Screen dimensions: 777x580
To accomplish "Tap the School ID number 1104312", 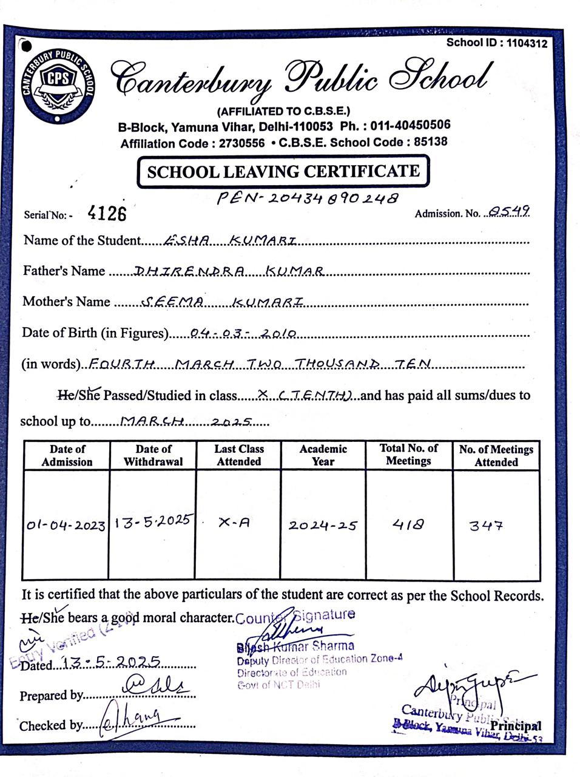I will (x=526, y=43).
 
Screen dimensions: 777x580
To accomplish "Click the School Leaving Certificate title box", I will (x=283, y=171).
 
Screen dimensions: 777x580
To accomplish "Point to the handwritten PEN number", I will (x=308, y=198).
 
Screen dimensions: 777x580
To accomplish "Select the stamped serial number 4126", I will (x=107, y=212).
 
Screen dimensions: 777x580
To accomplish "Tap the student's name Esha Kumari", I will (x=231, y=240).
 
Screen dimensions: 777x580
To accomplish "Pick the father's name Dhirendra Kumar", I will (x=228, y=271).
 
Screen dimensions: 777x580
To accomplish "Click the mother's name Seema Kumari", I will (x=221, y=302).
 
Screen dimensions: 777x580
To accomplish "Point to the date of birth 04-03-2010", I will (x=242, y=333).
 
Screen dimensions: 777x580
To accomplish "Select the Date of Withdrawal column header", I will (x=153, y=455).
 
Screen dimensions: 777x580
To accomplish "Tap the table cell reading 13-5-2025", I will (x=152, y=521).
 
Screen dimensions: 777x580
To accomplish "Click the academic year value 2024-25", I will (x=323, y=525).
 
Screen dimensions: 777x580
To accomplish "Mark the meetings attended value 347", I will (x=486, y=526).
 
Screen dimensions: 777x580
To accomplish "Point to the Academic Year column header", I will (x=323, y=455).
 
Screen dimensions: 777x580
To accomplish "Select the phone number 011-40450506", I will (x=411, y=126).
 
